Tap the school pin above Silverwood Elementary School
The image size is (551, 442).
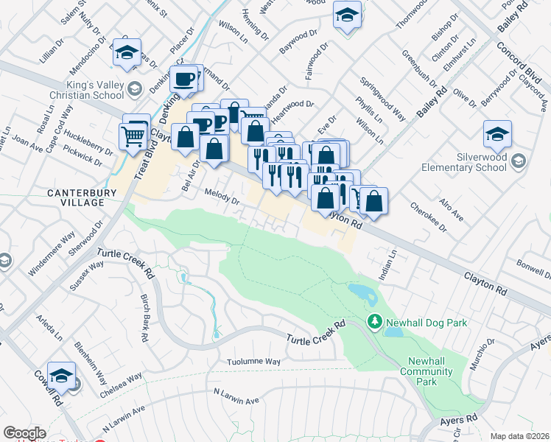click(x=498, y=134)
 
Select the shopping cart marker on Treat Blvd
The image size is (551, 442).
click(x=133, y=136)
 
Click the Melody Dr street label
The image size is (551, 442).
click(x=222, y=200)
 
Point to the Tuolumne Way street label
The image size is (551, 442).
click(x=253, y=362)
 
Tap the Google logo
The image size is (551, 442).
click(x=24, y=433)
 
